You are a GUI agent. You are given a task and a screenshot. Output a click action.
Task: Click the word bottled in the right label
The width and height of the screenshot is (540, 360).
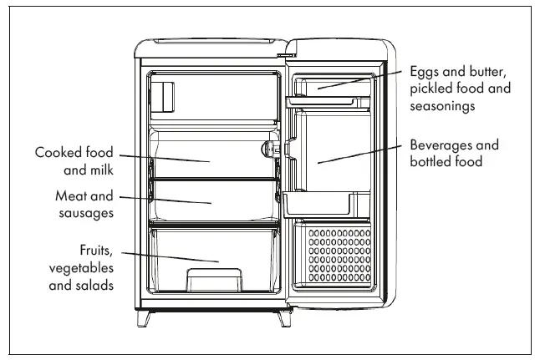point(430,162)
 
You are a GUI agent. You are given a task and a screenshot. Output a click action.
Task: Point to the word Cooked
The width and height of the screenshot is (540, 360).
point(59,153)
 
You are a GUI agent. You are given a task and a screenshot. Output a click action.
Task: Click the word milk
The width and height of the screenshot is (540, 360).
point(99,170)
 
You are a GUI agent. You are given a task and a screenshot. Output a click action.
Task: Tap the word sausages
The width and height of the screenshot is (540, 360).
point(85,213)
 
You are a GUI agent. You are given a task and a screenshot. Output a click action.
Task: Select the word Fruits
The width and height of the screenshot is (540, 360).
point(96,250)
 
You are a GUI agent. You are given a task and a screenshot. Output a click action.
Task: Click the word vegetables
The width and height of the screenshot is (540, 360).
point(81,267)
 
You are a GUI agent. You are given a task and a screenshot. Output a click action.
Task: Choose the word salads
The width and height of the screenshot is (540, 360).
point(94,285)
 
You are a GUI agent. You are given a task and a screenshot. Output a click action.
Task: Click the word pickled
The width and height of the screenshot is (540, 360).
point(431,89)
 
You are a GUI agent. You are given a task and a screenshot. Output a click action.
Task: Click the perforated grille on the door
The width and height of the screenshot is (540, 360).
point(339,256)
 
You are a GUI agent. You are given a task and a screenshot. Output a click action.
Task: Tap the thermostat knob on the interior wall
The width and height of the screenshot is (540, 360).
point(270,150)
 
